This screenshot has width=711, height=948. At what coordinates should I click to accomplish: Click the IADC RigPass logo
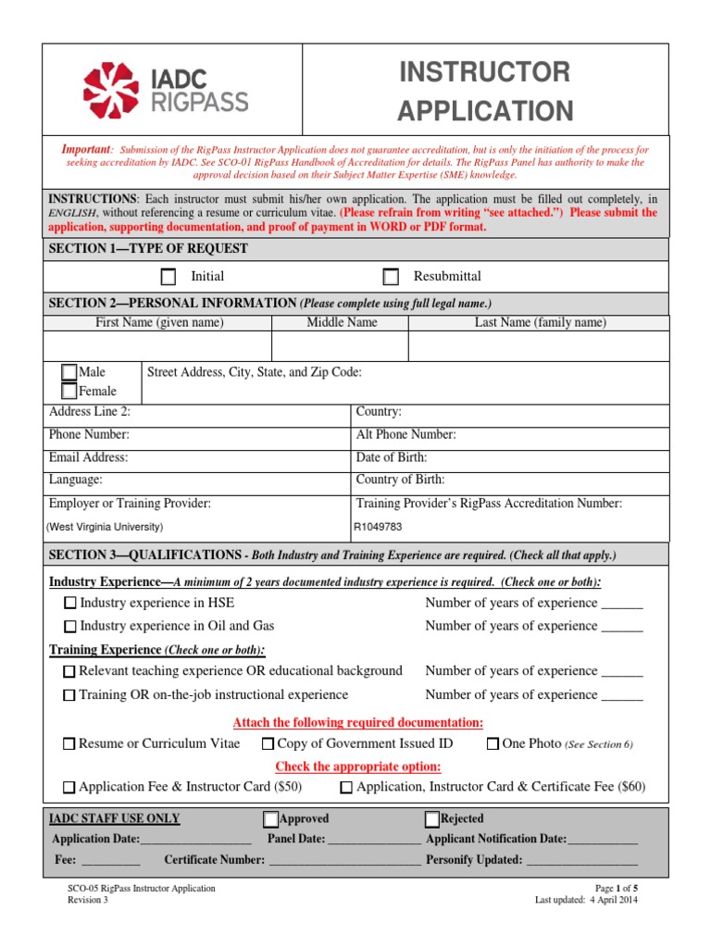[x=166, y=90]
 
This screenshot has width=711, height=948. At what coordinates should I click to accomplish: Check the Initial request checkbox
[x=168, y=277]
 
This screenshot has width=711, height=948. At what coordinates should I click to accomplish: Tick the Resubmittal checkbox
[x=392, y=277]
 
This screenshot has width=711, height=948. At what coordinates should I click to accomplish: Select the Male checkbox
[x=69, y=372]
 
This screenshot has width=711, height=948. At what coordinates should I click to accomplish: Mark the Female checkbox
[x=69, y=391]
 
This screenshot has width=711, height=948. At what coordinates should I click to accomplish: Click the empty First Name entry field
[x=158, y=346]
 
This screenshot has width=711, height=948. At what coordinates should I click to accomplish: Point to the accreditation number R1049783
[x=380, y=527]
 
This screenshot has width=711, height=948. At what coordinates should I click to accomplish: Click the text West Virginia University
[x=106, y=527]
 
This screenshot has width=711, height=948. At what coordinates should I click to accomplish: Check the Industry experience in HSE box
[x=70, y=604]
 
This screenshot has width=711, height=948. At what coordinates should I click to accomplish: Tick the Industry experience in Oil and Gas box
[x=70, y=627]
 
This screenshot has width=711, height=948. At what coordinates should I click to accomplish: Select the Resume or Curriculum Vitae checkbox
[x=69, y=744]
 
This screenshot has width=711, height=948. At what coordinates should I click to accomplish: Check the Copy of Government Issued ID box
[x=268, y=744]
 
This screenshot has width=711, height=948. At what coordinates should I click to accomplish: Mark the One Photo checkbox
[x=493, y=744]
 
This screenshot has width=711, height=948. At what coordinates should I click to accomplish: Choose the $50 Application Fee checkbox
[x=69, y=788]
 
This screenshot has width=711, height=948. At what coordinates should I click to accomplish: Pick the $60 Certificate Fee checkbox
[x=346, y=788]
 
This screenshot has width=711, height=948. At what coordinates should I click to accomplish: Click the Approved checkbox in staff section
[x=270, y=819]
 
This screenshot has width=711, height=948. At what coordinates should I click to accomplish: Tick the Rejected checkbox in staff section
[x=432, y=819]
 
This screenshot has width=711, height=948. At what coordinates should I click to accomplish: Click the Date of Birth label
[x=392, y=457]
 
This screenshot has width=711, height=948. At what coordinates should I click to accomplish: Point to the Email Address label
[x=88, y=457]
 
